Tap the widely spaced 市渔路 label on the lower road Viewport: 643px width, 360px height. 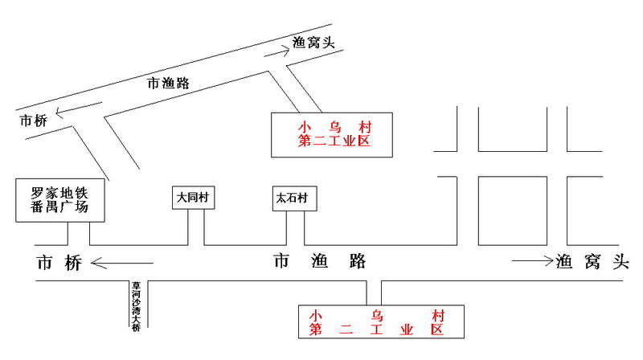pos(320,260)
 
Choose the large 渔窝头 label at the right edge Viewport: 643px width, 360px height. pos(591,260)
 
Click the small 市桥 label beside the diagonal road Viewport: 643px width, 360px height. pos(34,121)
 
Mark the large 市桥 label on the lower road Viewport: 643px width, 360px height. pos(59,263)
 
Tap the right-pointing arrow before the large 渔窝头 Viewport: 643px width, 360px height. pos(531,260)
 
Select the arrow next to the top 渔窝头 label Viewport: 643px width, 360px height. pos(274,54)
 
